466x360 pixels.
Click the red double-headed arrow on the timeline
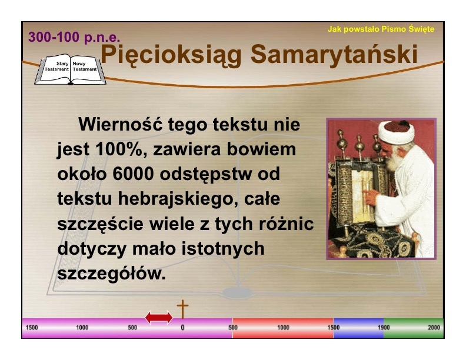(x=159, y=318)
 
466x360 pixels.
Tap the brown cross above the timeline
(x=183, y=309)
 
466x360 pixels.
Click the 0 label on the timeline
(x=182, y=328)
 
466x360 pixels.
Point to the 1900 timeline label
(x=384, y=327)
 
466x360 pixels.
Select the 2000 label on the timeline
(x=434, y=327)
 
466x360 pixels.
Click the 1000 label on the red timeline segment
(x=283, y=327)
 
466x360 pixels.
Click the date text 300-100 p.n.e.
(x=74, y=37)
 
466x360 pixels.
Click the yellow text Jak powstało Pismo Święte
(x=381, y=29)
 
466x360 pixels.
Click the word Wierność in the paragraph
(x=121, y=124)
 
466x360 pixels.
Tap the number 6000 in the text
(x=133, y=174)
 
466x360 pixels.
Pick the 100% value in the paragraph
(x=119, y=149)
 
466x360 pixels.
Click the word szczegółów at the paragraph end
(x=111, y=274)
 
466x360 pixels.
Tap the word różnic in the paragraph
(x=286, y=224)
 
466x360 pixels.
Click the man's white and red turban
(x=396, y=131)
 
